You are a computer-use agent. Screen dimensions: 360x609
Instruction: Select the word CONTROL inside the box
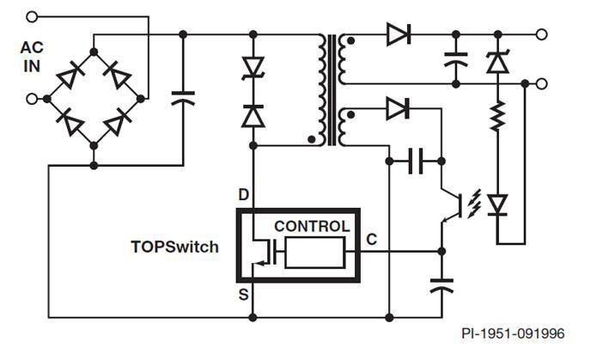(x=312, y=227)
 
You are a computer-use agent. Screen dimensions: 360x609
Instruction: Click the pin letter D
(x=243, y=196)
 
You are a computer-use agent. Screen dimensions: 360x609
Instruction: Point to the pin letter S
(x=243, y=295)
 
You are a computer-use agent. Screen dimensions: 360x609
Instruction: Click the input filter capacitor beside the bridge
(x=183, y=98)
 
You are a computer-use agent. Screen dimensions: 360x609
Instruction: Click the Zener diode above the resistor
(x=496, y=62)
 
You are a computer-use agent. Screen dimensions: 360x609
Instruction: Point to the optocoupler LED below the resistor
(x=496, y=204)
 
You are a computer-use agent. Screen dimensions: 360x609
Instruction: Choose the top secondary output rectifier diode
(x=398, y=35)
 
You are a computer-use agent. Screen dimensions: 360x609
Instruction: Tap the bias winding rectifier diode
(x=398, y=108)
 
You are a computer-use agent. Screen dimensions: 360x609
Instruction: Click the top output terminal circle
(x=541, y=35)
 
